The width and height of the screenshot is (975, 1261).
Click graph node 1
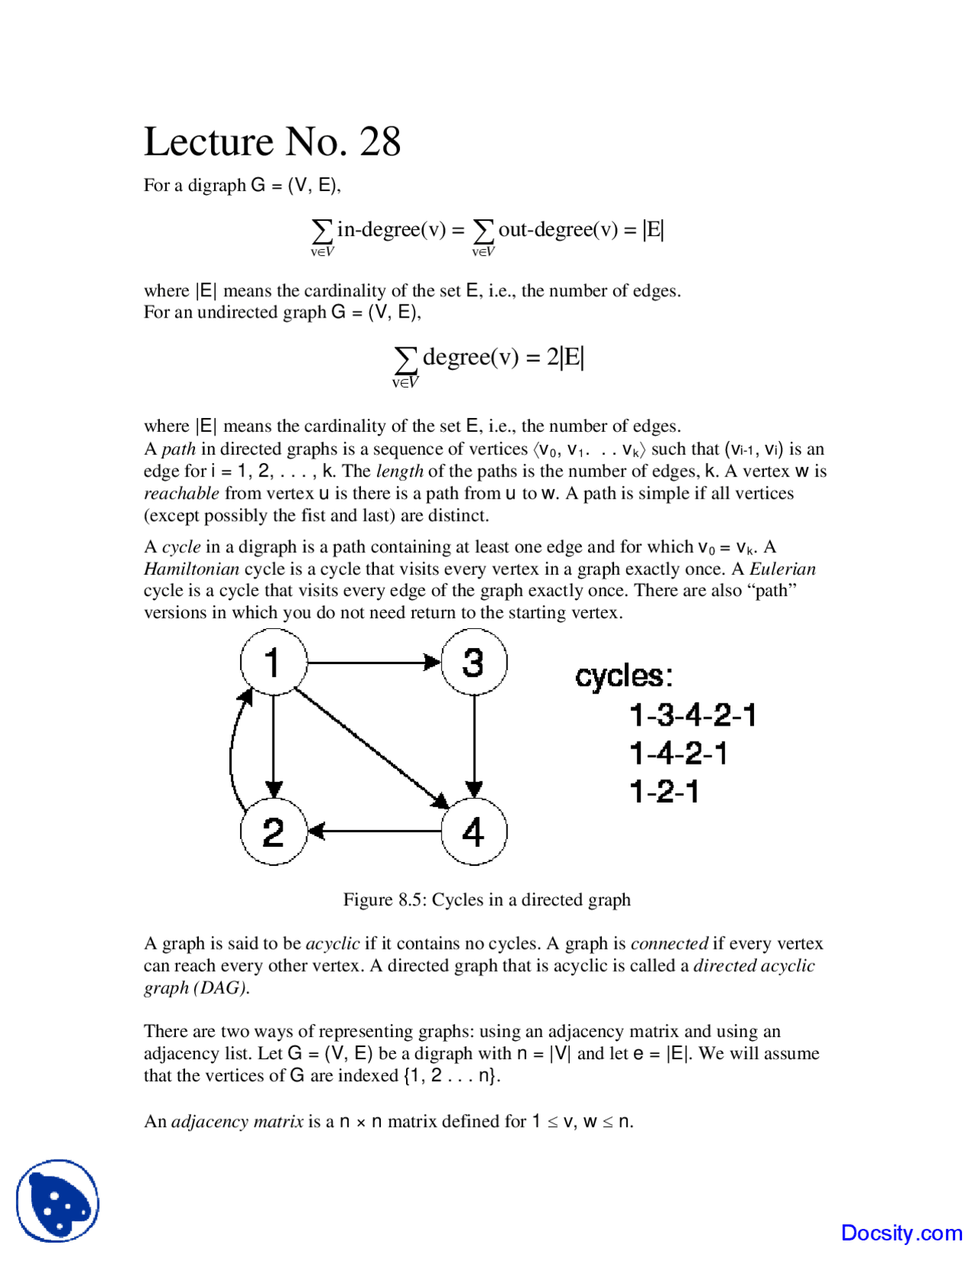click(x=273, y=662)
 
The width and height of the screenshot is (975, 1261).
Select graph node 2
click(x=273, y=832)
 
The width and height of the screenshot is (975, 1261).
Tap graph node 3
click(x=474, y=662)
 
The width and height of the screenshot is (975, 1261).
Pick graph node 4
click(x=474, y=832)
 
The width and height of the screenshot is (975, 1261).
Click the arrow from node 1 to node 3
click(x=373, y=662)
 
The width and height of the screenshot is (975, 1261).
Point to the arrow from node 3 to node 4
click(x=475, y=746)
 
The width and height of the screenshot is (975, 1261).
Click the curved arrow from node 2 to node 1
click(x=232, y=750)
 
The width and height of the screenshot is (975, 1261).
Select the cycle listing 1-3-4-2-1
click(x=692, y=716)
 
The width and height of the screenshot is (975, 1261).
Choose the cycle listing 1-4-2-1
click(x=678, y=754)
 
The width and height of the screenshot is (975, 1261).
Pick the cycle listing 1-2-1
click(x=664, y=792)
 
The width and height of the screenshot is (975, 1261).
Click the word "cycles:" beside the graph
click(x=624, y=676)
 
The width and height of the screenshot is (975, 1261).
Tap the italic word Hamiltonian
click(x=191, y=569)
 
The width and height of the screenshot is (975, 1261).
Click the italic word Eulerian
click(x=782, y=569)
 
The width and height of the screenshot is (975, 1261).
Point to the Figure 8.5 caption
click(x=487, y=900)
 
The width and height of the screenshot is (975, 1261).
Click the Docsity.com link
click(x=901, y=1233)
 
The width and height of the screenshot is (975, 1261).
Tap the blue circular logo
click(x=58, y=1201)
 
